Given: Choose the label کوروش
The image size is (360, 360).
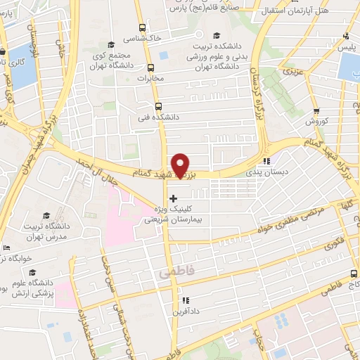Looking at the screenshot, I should [317, 121].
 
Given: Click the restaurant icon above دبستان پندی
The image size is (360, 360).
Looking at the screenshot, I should [266, 161].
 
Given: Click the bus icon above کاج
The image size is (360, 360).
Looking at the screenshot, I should [353, 274].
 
